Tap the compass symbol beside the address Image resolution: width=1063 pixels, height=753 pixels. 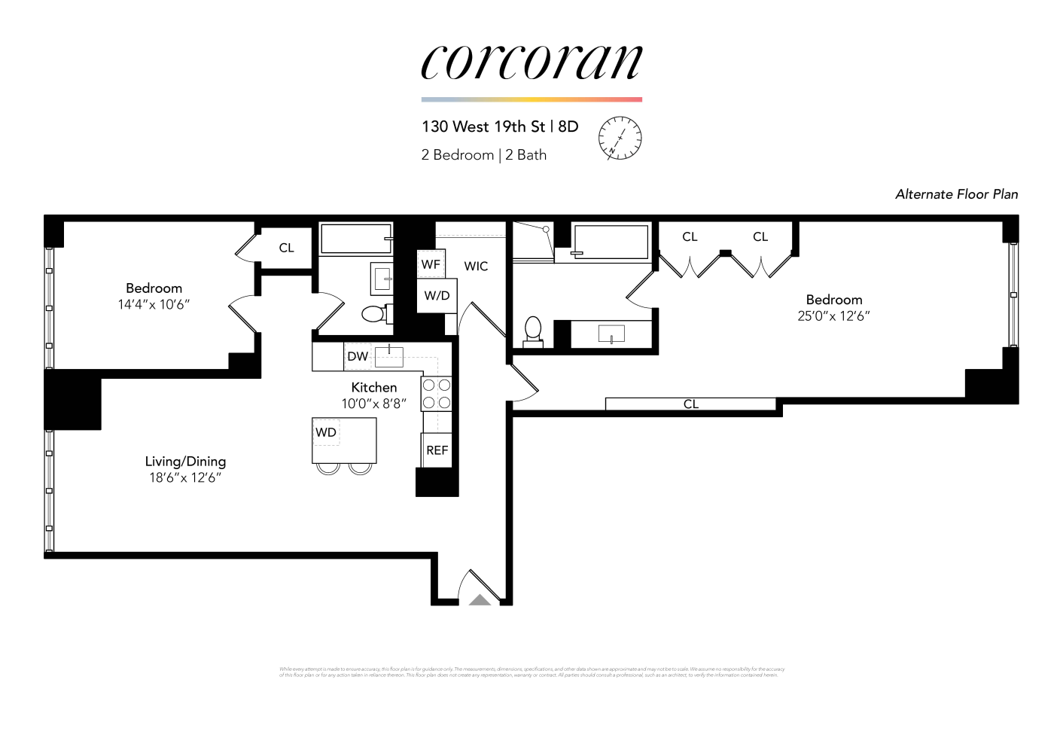(x=620, y=139)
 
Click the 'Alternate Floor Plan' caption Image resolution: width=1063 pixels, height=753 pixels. (x=956, y=194)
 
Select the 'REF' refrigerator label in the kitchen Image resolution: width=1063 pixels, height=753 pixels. (x=437, y=450)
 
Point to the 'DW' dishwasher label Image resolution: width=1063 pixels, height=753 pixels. (x=358, y=356)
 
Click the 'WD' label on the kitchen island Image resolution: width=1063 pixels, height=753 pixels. (x=326, y=432)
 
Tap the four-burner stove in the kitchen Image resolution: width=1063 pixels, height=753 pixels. (x=436, y=394)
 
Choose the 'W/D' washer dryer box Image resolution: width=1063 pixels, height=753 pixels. (x=437, y=295)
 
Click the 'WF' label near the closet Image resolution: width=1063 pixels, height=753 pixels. (x=431, y=264)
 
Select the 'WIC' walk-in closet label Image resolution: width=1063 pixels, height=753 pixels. (x=476, y=266)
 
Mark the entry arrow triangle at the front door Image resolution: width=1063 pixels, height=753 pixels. (x=480, y=600)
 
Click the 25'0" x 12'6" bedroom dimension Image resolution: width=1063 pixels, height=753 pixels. (x=833, y=316)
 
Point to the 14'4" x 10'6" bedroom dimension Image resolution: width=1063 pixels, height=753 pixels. (x=154, y=305)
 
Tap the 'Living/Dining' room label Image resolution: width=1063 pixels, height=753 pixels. (x=185, y=462)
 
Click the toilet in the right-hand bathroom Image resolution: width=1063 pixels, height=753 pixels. (x=533, y=330)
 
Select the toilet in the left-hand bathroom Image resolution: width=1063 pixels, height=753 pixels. (x=374, y=313)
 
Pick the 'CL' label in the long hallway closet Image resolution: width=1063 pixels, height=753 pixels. (x=691, y=404)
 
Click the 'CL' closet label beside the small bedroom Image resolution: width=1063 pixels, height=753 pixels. (x=286, y=248)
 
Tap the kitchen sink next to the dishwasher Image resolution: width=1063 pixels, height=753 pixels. (x=389, y=356)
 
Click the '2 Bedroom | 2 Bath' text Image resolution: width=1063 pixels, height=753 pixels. (x=484, y=155)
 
